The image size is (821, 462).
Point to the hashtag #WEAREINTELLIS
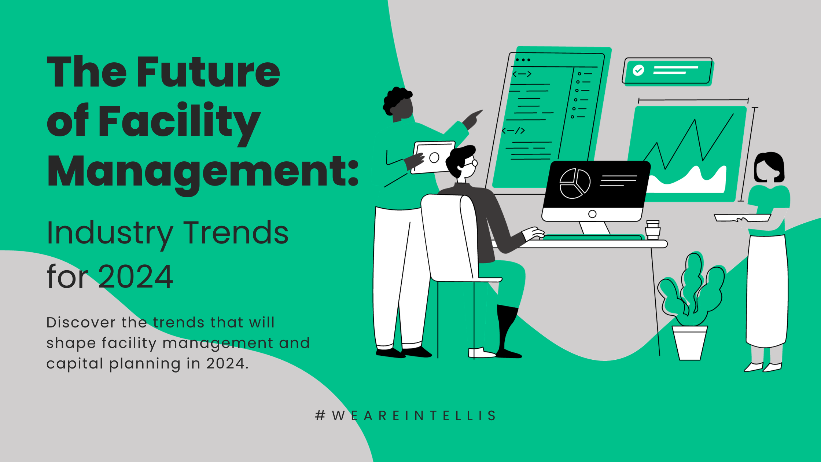coord(406,415)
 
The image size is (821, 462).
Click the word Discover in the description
coord(81,323)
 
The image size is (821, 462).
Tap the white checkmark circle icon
coord(638,70)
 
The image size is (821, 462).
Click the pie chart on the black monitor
coord(575,183)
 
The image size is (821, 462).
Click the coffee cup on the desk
coord(652,230)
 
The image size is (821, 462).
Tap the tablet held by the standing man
coord(433,157)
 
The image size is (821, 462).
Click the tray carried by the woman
coord(742,217)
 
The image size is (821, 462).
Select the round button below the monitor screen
coord(592,214)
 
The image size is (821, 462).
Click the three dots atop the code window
coord(523,60)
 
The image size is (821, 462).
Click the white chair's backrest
coord(447,235)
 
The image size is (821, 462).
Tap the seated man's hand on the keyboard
coord(533,233)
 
